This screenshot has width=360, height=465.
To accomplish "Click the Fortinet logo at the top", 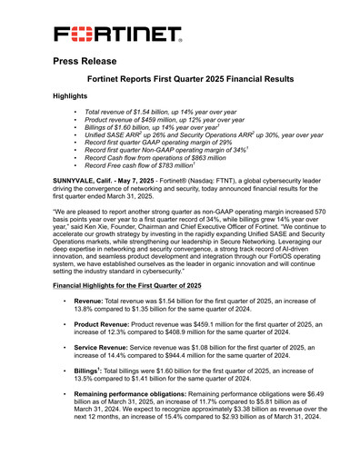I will [117, 35].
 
